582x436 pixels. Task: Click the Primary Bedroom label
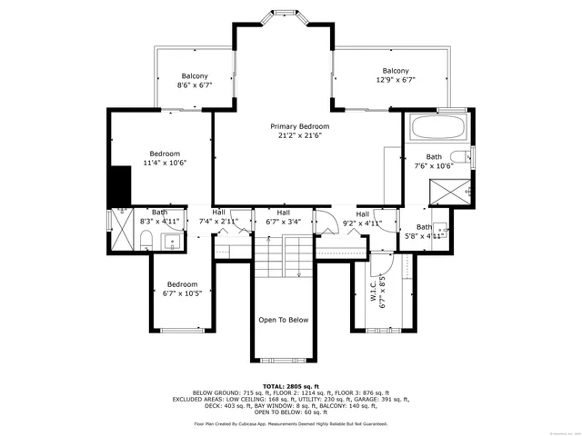(x=299, y=130)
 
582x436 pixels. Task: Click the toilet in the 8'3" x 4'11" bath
(x=145, y=241)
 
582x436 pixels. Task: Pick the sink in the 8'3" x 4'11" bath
(x=170, y=241)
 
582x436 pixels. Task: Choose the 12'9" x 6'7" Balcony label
(x=395, y=76)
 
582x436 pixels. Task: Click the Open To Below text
(x=284, y=320)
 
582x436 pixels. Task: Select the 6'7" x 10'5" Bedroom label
(x=181, y=289)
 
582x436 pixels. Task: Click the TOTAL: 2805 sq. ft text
(x=290, y=387)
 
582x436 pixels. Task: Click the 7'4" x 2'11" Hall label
(x=218, y=218)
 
